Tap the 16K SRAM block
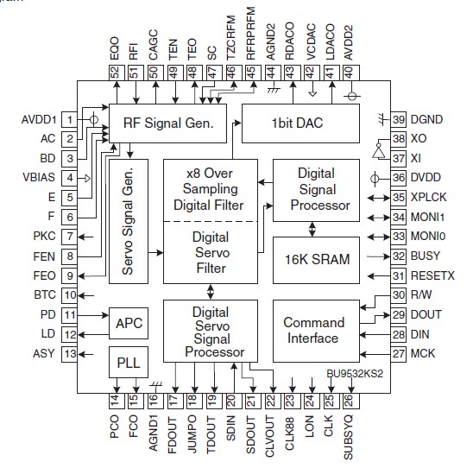tap(312, 258)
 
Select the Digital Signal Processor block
tap(312, 190)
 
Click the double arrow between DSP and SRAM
tap(312, 227)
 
